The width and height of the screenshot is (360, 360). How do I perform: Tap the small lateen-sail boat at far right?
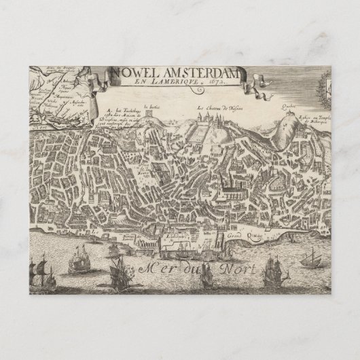coord(312,256)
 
